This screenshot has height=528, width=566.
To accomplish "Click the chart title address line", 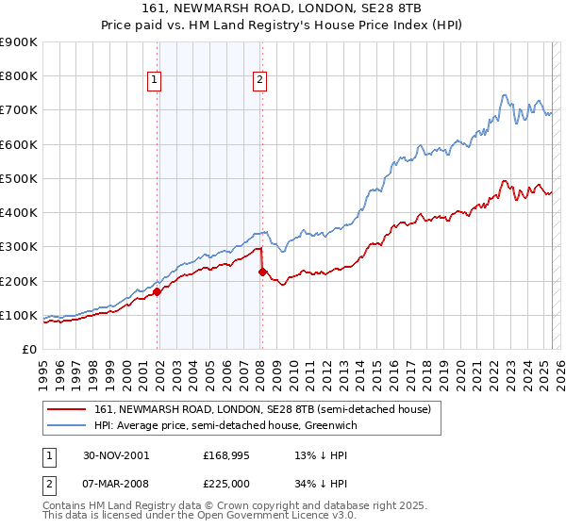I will (282, 8).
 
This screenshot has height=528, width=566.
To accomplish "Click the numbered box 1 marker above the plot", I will (154, 81).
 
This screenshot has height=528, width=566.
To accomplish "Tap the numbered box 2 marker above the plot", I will (258, 81).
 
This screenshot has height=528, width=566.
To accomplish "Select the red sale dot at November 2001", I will (158, 291).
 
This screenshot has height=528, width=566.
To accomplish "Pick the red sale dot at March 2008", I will (262, 272).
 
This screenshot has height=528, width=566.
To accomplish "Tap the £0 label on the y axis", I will (28, 349).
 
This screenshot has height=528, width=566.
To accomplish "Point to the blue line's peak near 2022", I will (504, 94).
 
